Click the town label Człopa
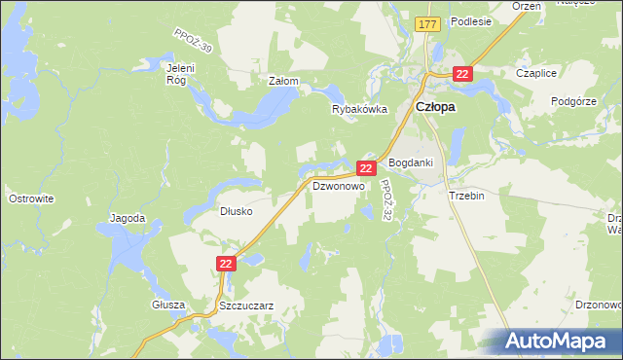pyautogui.click(x=436, y=109)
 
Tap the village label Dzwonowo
pyautogui.click(x=338, y=185)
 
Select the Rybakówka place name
pyautogui.click(x=360, y=110)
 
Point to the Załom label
pyautogui.click(x=282, y=82)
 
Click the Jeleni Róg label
pyautogui.click(x=182, y=74)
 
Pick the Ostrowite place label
pyautogui.click(x=30, y=198)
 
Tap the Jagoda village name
pyautogui.click(x=128, y=218)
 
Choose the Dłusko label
pyautogui.click(x=237, y=210)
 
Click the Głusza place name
pyautogui.click(x=168, y=305)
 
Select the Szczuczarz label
pyautogui.click(x=246, y=305)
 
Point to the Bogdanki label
pyautogui.click(x=410, y=162)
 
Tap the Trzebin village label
pyautogui.click(x=466, y=195)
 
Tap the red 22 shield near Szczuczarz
pyautogui.click(x=226, y=263)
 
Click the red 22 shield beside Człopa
pyautogui.click(x=462, y=73)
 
